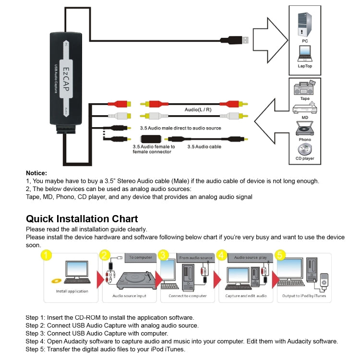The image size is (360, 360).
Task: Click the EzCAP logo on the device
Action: click(x=67, y=79)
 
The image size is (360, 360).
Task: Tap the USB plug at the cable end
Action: click(x=240, y=40)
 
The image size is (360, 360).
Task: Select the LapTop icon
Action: click(x=304, y=54)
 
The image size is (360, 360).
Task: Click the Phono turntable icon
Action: click(x=304, y=129)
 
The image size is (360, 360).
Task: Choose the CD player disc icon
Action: click(x=304, y=149)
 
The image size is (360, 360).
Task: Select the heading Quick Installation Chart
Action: click(x=82, y=219)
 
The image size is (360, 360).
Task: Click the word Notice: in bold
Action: click(x=36, y=173)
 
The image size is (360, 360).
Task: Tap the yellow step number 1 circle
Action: click(x=46, y=255)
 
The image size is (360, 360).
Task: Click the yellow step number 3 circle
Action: click(x=164, y=255)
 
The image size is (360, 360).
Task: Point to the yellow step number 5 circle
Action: click(x=281, y=255)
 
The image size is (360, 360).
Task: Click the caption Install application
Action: click(x=72, y=291)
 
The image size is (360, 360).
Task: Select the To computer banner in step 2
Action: click(x=141, y=257)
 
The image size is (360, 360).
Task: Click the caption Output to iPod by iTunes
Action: click(x=304, y=296)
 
